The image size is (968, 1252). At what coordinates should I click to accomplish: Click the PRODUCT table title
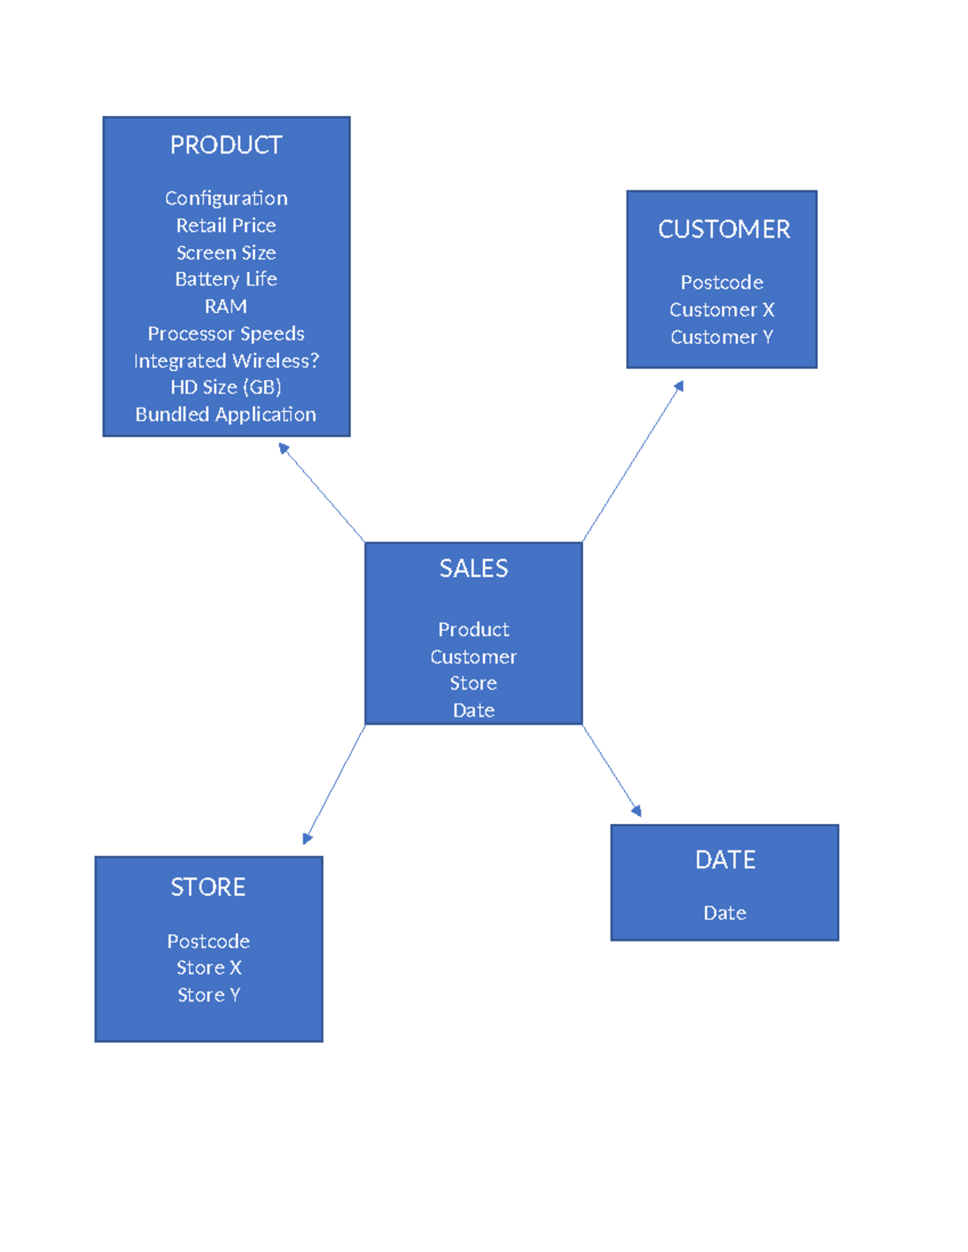[226, 145]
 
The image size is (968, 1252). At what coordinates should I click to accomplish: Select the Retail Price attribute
[226, 226]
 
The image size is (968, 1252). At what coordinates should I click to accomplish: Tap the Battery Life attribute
[226, 279]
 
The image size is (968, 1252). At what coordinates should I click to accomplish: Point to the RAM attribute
[226, 306]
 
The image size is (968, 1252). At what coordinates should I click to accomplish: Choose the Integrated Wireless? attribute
[226, 360]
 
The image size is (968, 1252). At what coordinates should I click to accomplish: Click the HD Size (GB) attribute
[226, 387]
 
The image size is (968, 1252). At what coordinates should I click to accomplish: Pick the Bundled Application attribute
[226, 414]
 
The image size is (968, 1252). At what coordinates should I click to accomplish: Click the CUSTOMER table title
[724, 230]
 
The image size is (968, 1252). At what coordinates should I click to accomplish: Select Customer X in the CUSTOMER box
[722, 310]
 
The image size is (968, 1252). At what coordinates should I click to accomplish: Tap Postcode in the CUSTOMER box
[722, 283]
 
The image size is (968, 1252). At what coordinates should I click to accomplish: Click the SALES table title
[474, 569]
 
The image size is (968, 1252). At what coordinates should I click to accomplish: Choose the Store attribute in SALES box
[474, 684]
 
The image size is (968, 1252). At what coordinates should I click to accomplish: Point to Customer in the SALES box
[474, 657]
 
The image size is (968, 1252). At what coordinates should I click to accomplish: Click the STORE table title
[208, 888]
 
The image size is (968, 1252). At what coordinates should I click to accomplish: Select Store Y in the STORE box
[209, 995]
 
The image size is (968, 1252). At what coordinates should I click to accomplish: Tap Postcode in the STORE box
[208, 942]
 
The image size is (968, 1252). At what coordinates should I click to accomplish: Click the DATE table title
[725, 860]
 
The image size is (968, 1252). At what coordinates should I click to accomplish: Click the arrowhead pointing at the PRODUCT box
[283, 447]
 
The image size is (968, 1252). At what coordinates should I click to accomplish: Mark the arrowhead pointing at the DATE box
[637, 811]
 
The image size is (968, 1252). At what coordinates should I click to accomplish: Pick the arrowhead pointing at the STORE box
[307, 838]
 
